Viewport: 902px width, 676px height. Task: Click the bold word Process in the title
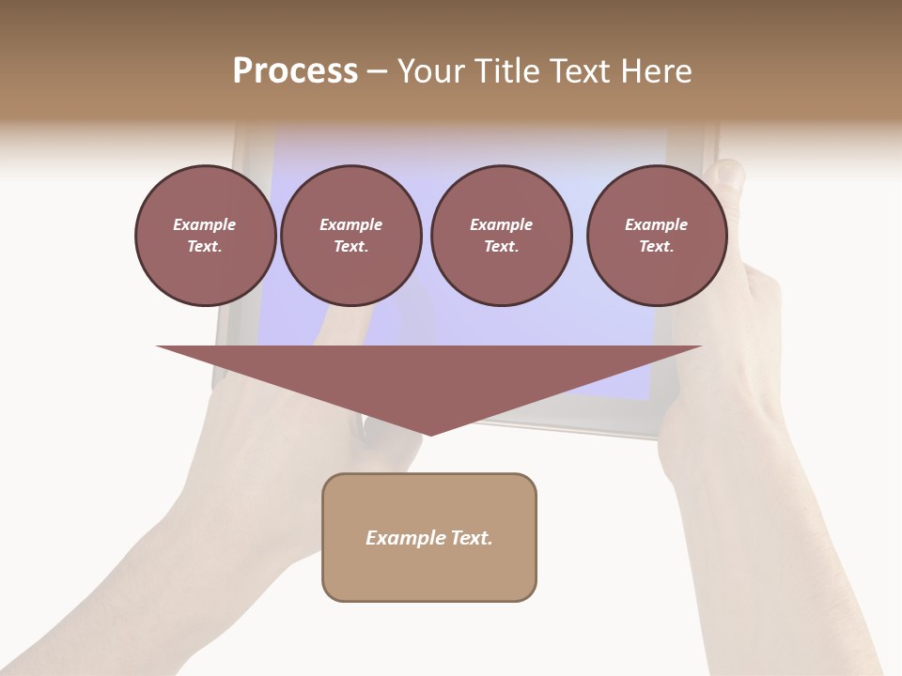point(295,71)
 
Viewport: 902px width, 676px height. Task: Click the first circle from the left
point(205,236)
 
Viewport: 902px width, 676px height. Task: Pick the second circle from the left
point(350,236)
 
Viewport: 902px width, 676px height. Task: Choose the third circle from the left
point(501,236)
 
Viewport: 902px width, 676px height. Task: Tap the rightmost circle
point(657,236)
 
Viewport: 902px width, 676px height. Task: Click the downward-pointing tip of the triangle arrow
point(429,433)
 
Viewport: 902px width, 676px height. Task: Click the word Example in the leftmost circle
point(205,225)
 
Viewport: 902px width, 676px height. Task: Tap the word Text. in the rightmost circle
point(657,247)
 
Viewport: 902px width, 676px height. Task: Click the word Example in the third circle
point(501,225)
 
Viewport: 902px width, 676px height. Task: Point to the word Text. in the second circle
point(350,247)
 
